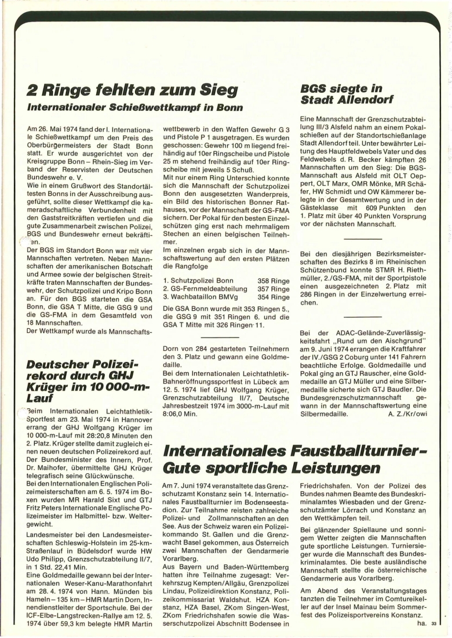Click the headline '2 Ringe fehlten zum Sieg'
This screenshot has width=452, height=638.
tap(133, 90)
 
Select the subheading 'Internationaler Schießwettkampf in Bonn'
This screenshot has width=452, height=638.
tap(134, 107)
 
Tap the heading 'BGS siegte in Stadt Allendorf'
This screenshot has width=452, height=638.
tap(342, 95)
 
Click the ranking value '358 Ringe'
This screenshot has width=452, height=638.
tap(274, 280)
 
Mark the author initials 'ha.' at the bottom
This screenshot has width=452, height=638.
tap(421, 623)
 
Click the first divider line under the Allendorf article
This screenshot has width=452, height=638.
tap(362, 238)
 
